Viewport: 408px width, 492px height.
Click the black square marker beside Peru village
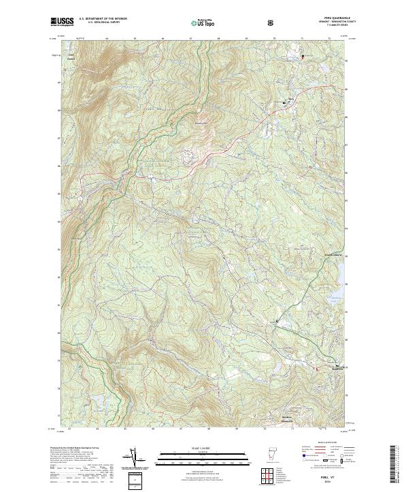(x=284, y=102)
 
